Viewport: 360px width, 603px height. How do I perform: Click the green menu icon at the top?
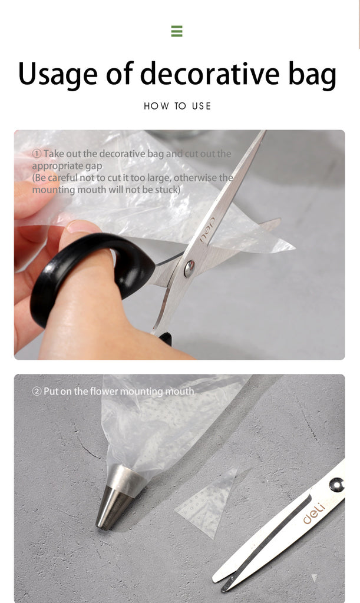(x=177, y=31)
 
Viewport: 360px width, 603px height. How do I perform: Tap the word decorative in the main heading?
(x=210, y=73)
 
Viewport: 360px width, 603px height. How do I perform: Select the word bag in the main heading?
(x=312, y=75)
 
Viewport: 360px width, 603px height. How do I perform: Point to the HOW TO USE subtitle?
(x=177, y=106)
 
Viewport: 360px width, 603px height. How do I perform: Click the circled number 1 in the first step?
(x=37, y=154)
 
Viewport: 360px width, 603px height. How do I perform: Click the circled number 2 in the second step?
(x=37, y=392)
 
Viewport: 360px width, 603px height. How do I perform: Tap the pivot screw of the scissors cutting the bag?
(x=189, y=268)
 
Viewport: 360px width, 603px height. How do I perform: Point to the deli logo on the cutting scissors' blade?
(x=207, y=231)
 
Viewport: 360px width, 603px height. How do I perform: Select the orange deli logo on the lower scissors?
(x=314, y=513)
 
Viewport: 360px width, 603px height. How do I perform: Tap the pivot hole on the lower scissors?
(x=336, y=484)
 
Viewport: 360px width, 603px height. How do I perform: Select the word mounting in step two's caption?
(x=141, y=392)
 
